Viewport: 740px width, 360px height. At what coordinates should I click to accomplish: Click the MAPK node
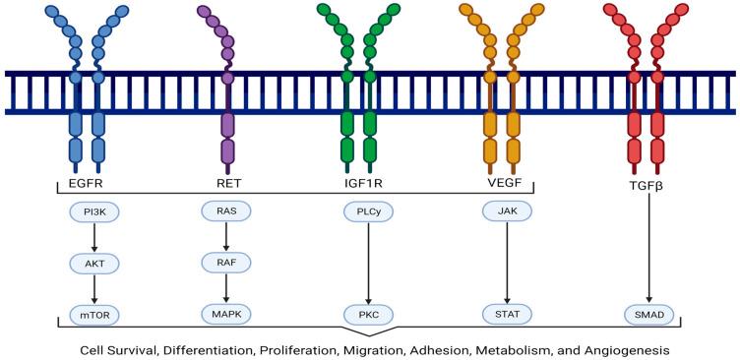tap(226, 314)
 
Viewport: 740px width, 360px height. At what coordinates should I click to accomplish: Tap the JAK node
tap(507, 210)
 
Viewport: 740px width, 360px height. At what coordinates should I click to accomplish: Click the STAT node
tap(507, 315)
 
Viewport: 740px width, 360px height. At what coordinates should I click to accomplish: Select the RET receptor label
tap(227, 182)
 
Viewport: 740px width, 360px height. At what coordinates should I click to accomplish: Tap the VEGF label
tap(507, 182)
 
